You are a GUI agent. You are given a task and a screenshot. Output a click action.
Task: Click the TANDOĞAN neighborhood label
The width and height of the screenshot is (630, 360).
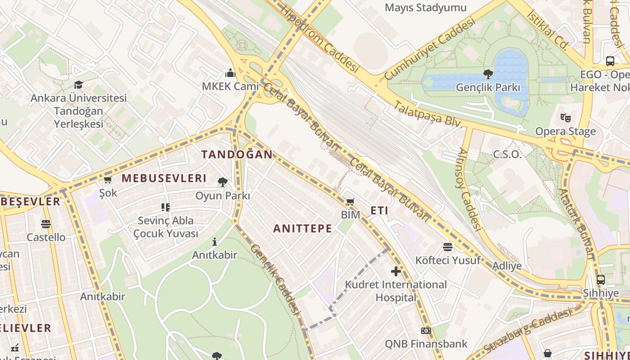coord(237,154)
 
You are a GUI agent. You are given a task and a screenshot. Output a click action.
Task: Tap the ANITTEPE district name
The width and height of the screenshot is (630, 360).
coord(302,229)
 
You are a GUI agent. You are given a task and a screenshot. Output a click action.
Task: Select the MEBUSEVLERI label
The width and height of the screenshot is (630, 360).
coord(164,178)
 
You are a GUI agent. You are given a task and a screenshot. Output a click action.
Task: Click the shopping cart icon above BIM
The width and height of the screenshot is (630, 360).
coord(350,202)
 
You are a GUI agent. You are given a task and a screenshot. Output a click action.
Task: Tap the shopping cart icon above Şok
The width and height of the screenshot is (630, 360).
coord(108,180)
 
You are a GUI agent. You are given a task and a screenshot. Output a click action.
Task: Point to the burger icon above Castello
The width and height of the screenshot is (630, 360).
coord(45,224)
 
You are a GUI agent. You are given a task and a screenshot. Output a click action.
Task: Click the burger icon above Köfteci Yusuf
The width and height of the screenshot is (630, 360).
coord(447,247)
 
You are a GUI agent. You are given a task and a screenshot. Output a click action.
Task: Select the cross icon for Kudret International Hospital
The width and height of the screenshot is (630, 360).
coord(396,271)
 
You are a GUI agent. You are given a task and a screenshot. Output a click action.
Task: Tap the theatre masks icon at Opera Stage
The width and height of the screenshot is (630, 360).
coord(566,118)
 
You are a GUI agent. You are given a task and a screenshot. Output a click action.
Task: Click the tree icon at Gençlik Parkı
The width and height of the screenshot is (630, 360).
coord(488,74)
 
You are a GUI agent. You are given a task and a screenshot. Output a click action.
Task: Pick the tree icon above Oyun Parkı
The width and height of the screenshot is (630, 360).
coord(222,182)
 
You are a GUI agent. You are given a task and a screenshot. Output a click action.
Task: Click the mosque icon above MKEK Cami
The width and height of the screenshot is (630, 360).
coord(230,73)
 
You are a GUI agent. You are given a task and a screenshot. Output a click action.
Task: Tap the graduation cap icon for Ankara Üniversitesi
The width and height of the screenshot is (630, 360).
coord(79,85)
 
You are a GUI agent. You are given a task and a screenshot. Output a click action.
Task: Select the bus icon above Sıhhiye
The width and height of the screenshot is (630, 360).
coord(601,280)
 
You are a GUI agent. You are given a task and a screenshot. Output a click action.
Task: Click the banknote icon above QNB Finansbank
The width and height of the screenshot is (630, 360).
coord(426,331)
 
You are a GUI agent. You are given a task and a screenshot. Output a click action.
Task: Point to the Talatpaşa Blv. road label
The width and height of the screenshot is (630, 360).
coord(428,114)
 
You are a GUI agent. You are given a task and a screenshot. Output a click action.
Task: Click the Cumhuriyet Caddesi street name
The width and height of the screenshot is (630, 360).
coord(430,49)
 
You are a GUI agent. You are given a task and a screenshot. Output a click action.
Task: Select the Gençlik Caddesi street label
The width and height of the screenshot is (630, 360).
coord(275,279)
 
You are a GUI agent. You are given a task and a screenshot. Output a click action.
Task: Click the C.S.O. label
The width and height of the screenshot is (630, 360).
coord(507,154)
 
